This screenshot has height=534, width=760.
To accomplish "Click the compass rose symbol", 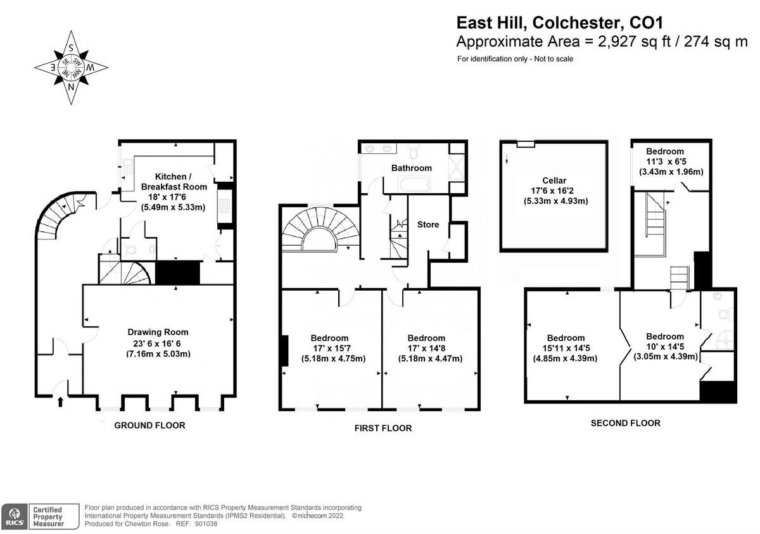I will pyautogui.click(x=71, y=67).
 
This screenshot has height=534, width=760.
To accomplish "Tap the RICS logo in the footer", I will pyautogui.click(x=14, y=517).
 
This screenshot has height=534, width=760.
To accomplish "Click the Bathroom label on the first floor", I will pyautogui.click(x=411, y=168).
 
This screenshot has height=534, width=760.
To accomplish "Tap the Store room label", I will pyautogui.click(x=428, y=224).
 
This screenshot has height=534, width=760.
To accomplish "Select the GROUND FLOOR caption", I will pyautogui.click(x=149, y=426).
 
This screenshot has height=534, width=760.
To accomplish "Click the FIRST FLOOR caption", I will pyautogui.click(x=383, y=428).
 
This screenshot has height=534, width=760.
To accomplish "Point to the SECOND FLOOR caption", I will pyautogui.click(x=625, y=423).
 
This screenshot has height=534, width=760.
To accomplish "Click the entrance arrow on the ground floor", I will pyautogui.click(x=61, y=400).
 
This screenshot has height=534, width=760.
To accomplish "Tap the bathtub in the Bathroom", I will pyautogui.click(x=415, y=184).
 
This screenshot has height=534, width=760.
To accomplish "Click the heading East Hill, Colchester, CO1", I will pyautogui.click(x=559, y=23).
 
